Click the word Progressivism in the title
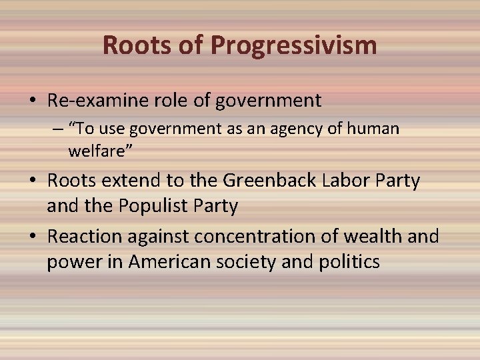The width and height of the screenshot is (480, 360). (294, 46)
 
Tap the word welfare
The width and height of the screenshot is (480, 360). (100, 152)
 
